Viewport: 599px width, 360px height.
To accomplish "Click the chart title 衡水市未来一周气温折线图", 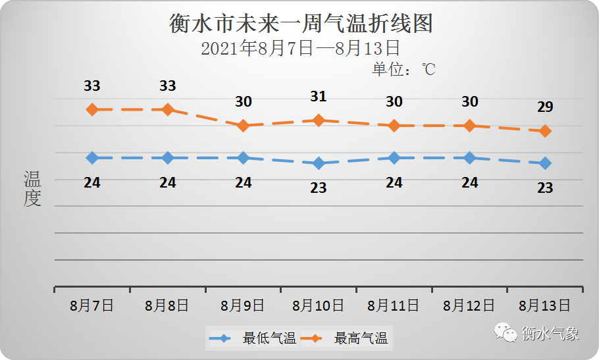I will pyautogui.click(x=301, y=24).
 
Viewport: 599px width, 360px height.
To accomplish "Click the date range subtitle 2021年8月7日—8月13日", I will pyautogui.click(x=300, y=48).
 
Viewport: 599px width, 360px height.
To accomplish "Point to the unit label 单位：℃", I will pyautogui.click(x=404, y=69).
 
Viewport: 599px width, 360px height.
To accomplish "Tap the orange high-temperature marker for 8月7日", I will pyautogui.click(x=92, y=109).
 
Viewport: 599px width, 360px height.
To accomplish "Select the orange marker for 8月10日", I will pyautogui.click(x=319, y=120).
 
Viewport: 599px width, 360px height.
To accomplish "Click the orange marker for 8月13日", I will pyautogui.click(x=545, y=131).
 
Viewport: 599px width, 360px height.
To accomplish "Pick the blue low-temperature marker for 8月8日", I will pyautogui.click(x=168, y=158).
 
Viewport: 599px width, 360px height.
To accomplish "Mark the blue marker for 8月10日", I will pyautogui.click(x=319, y=163).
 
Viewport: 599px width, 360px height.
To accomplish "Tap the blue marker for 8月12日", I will pyautogui.click(x=469, y=158).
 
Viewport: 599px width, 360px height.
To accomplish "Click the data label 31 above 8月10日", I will pyautogui.click(x=319, y=97).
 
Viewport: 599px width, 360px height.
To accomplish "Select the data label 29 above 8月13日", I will pyautogui.click(x=545, y=107).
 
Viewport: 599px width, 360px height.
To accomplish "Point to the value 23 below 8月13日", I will pyautogui.click(x=545, y=188).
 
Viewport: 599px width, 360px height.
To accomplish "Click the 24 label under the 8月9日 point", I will pyautogui.click(x=244, y=182).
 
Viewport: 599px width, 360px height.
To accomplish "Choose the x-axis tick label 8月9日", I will pyautogui.click(x=243, y=305).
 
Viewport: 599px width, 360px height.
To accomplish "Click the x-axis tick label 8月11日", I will pyautogui.click(x=394, y=305).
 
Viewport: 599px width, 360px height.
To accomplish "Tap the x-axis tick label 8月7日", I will pyautogui.click(x=92, y=305).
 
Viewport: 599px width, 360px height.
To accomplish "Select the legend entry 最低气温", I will pyautogui.click(x=269, y=339).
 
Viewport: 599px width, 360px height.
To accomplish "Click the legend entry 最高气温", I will pyautogui.click(x=361, y=339).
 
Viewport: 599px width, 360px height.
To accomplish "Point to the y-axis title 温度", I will pyautogui.click(x=32, y=189).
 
